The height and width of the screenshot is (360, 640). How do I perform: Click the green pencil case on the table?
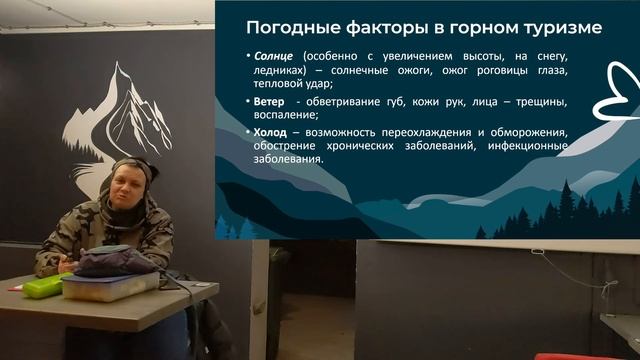tap(42, 287)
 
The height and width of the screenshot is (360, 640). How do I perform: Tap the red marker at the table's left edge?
tap(14, 288)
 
